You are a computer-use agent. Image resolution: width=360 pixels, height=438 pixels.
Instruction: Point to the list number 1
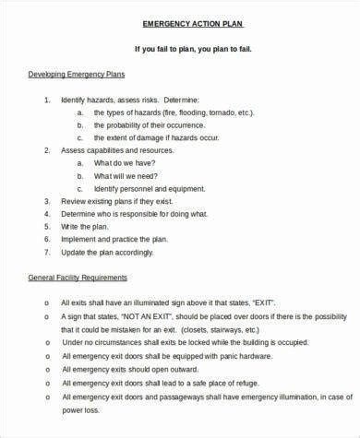(x=46, y=98)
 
